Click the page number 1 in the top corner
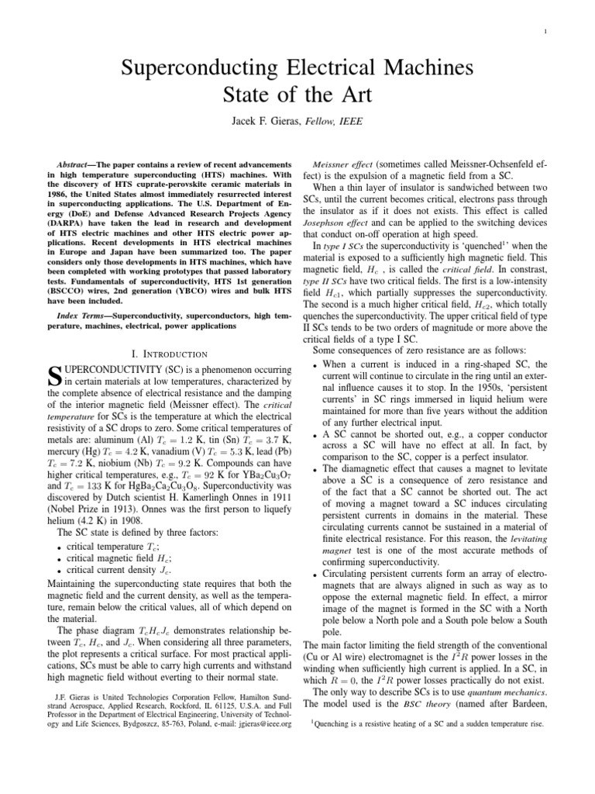547,32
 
